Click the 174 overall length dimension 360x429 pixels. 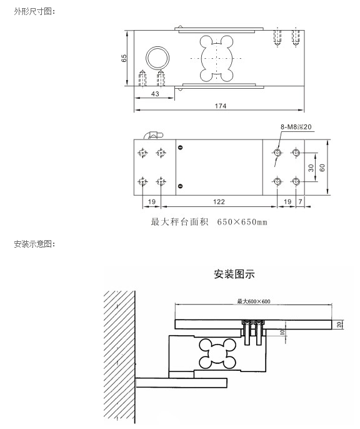pyautogui.click(x=221, y=106)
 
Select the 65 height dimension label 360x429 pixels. pyautogui.click(x=124, y=58)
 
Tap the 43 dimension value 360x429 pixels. pyautogui.click(x=155, y=94)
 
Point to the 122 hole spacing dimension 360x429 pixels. pyautogui.click(x=219, y=202)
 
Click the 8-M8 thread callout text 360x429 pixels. pyautogui.click(x=296, y=127)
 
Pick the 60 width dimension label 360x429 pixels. pyautogui.click(x=322, y=168)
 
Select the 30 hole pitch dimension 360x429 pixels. pyautogui.click(x=311, y=168)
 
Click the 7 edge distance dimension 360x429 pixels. pyautogui.click(x=300, y=202)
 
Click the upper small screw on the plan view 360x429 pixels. pyautogui.click(x=180, y=148)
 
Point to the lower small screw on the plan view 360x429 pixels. pyautogui.click(x=180, y=186)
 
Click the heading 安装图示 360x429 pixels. pyautogui.click(x=234, y=274)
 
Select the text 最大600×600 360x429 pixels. pyautogui.click(x=254, y=301)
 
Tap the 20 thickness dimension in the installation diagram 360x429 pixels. pyautogui.click(x=339, y=325)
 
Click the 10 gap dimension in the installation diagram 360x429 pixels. pyautogui.click(x=282, y=332)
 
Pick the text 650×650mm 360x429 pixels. pyautogui.click(x=242, y=222)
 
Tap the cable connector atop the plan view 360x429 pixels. pyautogui.click(x=153, y=136)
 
